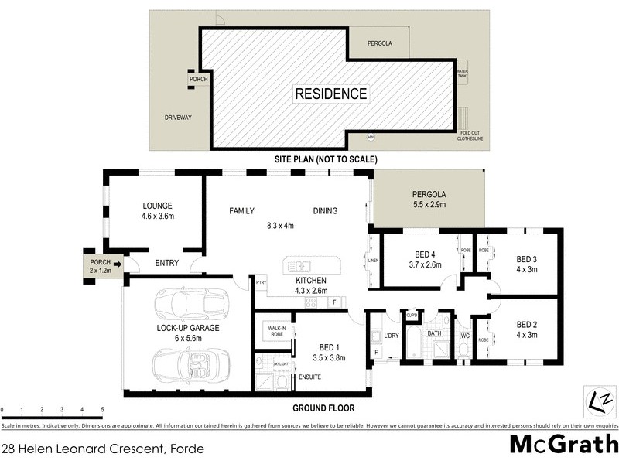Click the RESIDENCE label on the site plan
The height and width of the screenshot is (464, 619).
click(x=330, y=94)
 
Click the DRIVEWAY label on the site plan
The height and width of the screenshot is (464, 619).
click(x=178, y=118)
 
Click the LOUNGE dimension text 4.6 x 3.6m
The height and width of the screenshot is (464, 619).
click(x=157, y=218)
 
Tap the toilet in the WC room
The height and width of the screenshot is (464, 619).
click(x=464, y=350)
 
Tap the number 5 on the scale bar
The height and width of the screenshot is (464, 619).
click(x=102, y=409)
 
